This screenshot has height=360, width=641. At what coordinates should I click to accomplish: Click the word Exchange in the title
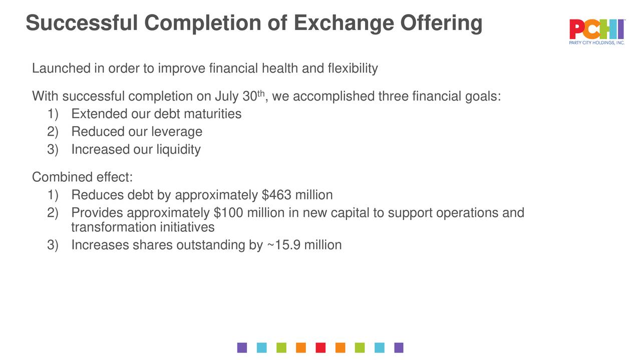pyautogui.click(x=344, y=23)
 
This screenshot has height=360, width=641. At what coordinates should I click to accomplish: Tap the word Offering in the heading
pyautogui.click(x=441, y=24)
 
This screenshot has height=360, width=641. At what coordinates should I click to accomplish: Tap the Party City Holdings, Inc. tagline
pyautogui.click(x=596, y=43)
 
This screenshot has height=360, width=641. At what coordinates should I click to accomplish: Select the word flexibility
pyautogui.click(x=353, y=69)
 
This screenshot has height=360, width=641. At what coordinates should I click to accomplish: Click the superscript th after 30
pyautogui.click(x=261, y=93)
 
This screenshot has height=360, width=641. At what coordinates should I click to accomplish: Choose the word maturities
pyautogui.click(x=213, y=114)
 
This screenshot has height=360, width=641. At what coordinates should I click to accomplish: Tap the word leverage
pyautogui.click(x=177, y=132)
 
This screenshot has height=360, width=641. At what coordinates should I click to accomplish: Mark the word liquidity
pyautogui.click(x=178, y=150)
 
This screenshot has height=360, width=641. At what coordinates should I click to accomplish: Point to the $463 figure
pyautogui.click(x=276, y=195)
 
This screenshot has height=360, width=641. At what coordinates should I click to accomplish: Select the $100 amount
pyautogui.click(x=228, y=213)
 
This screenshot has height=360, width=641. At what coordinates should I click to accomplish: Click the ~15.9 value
pyautogui.click(x=283, y=245)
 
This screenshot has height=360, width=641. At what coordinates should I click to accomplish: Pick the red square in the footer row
pyautogui.click(x=320, y=347)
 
